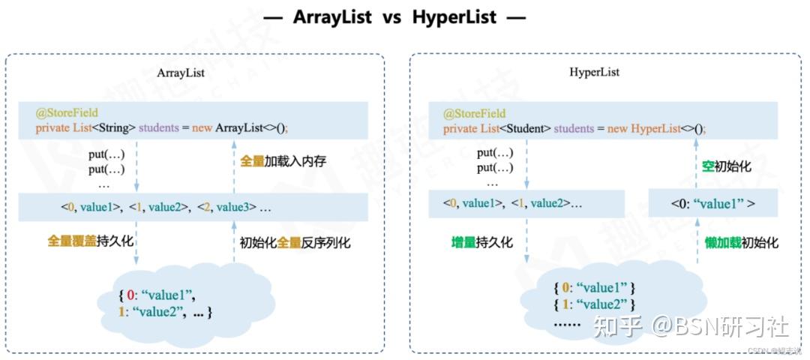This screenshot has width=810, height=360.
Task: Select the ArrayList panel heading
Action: (x=181, y=73)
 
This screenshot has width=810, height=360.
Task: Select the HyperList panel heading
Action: (x=594, y=73)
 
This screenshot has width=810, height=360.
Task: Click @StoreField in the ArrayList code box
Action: (x=67, y=114)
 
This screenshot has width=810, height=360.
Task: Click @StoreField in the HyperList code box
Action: (x=474, y=114)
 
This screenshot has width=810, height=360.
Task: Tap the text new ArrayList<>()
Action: (x=240, y=128)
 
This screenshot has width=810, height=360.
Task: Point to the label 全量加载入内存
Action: (x=283, y=161)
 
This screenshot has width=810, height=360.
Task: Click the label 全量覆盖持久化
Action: (x=91, y=242)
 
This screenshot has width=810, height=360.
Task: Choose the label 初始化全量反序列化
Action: (x=295, y=242)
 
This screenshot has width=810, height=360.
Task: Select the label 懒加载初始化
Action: (x=741, y=242)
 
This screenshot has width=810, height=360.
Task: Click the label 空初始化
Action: (x=726, y=166)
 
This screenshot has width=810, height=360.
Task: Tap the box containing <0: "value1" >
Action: (x=713, y=203)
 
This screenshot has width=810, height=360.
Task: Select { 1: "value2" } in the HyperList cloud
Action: (x=594, y=304)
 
